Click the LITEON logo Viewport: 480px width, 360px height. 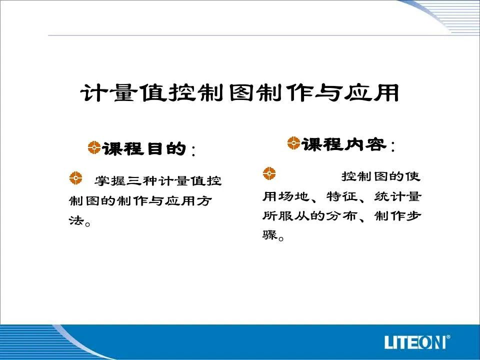(415, 341)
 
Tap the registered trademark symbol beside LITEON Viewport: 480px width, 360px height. (448, 337)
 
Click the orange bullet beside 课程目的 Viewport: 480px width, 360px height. (94, 147)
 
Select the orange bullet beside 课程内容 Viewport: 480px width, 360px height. (293, 143)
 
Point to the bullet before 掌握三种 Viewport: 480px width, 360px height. (75, 178)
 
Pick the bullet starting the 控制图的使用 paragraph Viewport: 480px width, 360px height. (269, 173)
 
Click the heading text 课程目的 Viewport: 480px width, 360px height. (144, 149)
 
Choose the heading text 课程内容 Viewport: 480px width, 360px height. (343, 144)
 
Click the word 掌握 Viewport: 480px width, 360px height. (110, 181)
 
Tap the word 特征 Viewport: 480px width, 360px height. (342, 196)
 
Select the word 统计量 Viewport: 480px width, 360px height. (397, 196)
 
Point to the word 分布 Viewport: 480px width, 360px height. (342, 216)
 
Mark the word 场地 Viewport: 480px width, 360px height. (293, 196)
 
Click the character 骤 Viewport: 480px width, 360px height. (269, 235)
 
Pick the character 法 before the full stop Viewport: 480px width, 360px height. (76, 220)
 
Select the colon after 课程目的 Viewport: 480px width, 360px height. (193, 150)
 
